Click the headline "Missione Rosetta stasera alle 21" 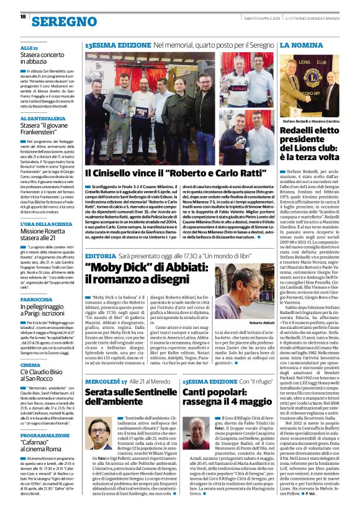point(43,234)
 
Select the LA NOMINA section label point(305,46)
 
